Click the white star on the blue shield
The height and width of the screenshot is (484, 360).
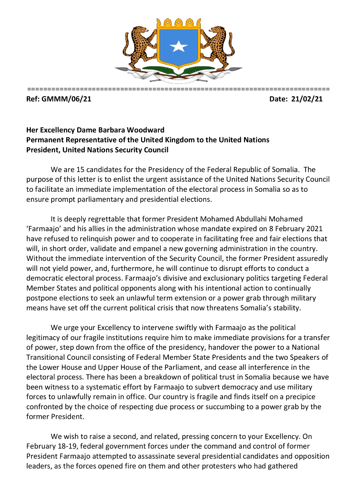pos(178,46)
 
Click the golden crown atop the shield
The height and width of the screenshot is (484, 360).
pos(179,23)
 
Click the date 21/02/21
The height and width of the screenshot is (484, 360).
pos(307,99)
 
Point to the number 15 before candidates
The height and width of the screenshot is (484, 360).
pos(81,170)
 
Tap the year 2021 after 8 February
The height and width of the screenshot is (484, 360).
pos(314,229)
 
